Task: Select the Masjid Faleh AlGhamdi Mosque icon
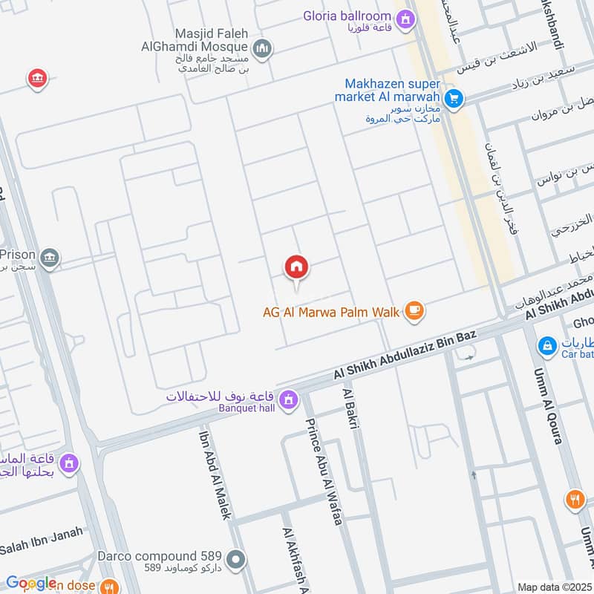261,50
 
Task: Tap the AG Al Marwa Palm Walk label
331,313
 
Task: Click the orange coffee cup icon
414,313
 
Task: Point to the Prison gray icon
50,258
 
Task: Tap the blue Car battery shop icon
546,346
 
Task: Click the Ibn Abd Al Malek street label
215,472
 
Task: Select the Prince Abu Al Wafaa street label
322,471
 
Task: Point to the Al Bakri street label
351,408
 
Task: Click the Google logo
31,584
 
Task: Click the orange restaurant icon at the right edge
575,499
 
